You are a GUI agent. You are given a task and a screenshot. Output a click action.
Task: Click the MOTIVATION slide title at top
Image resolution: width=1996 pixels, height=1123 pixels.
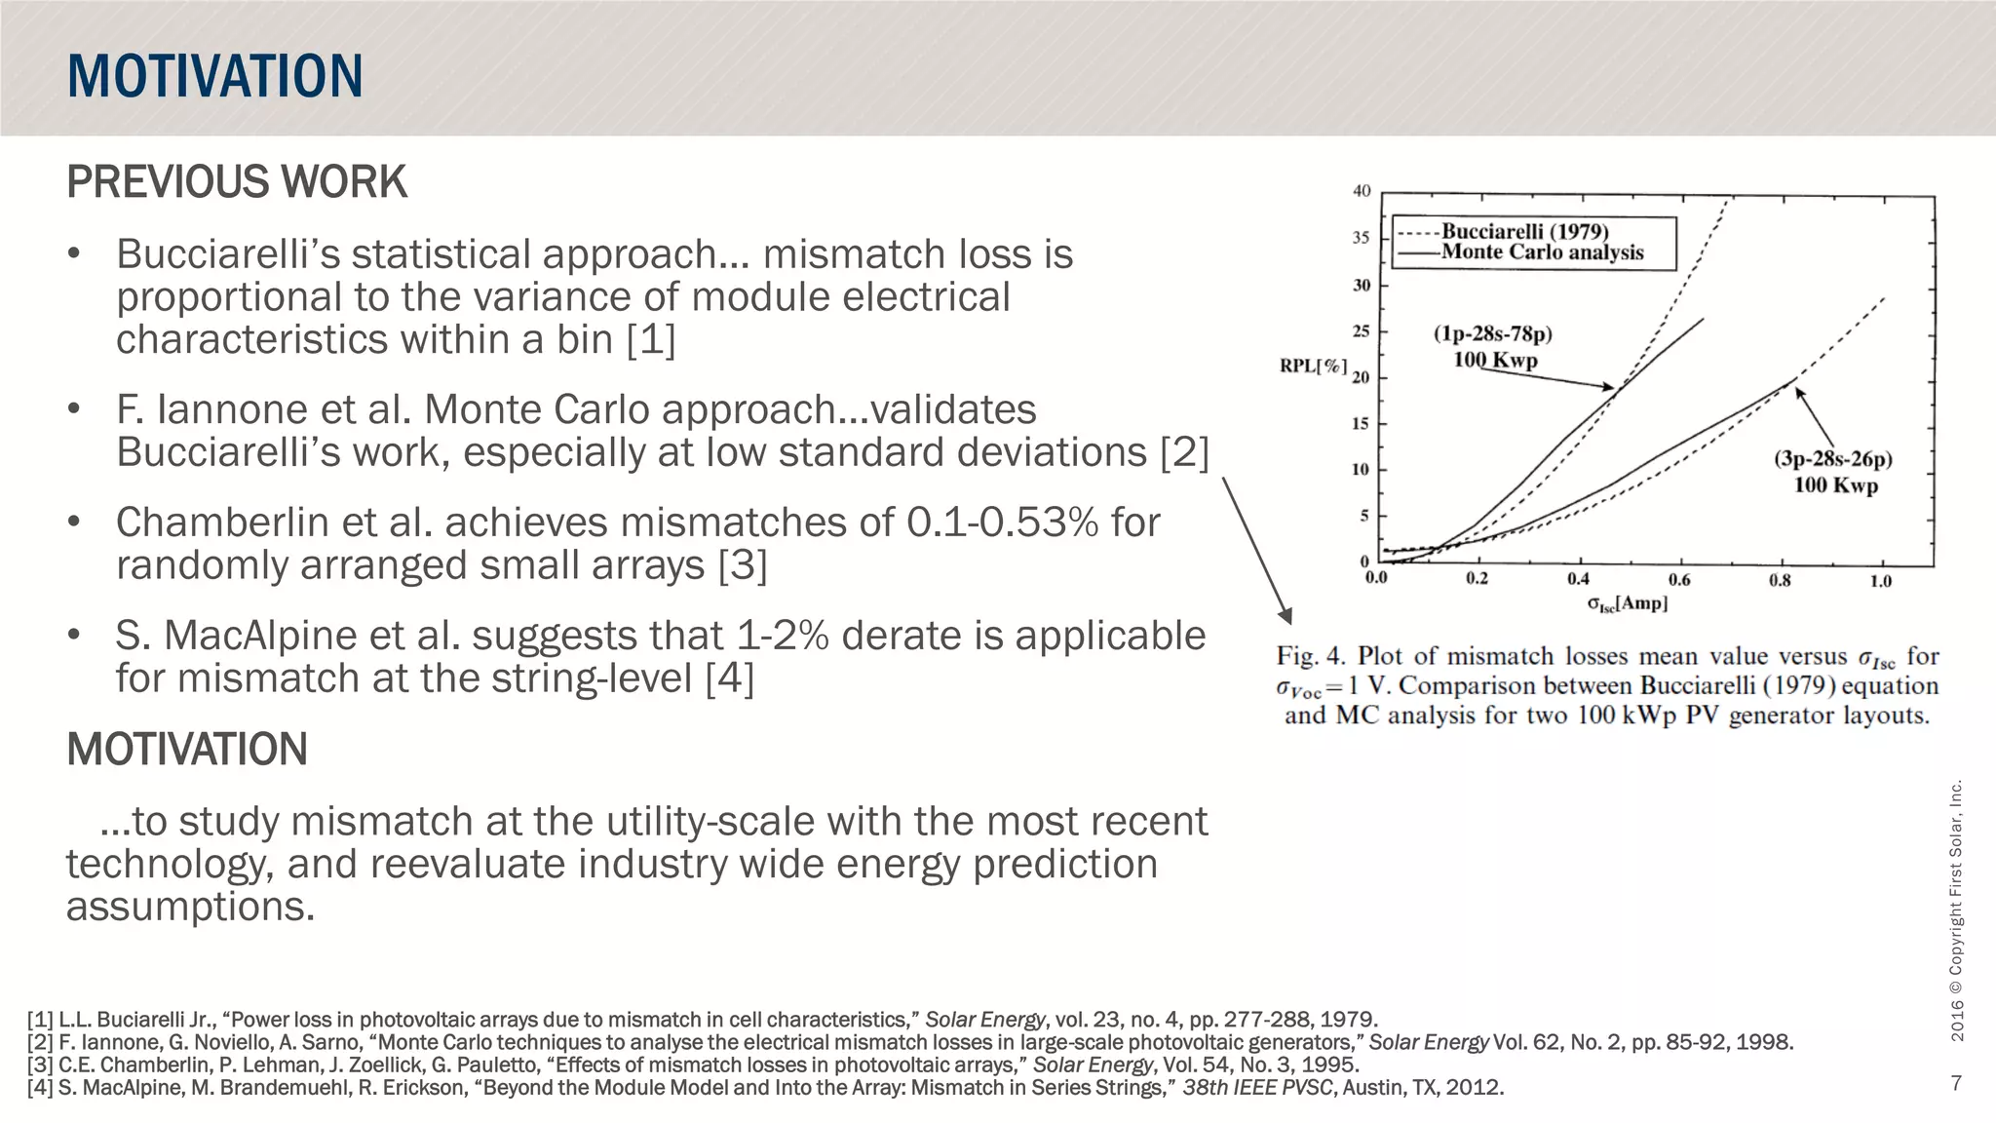pos(214,76)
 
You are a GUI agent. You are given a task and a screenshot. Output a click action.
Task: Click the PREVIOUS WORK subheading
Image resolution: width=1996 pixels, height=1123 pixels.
pos(236,182)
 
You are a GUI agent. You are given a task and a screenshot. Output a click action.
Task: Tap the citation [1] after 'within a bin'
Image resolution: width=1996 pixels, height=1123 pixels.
pos(650,340)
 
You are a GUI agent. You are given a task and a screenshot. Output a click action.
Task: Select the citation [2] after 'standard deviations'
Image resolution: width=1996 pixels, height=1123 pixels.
pos(1183,453)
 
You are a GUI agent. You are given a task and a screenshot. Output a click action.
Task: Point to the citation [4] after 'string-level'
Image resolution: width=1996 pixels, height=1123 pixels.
pos(729,678)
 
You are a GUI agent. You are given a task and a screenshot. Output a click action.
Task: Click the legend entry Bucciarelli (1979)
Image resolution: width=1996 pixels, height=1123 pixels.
pos(1524,232)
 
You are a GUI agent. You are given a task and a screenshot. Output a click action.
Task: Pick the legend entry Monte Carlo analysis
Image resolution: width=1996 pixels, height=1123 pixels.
pos(1542,252)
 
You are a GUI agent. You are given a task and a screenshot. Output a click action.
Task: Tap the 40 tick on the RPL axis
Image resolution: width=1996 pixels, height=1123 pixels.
pos(1362,191)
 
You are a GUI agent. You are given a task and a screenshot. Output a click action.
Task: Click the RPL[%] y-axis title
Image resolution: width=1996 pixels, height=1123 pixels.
pos(1312,367)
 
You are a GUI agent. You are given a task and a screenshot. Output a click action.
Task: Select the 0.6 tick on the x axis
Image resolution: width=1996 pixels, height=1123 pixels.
pos(1679,580)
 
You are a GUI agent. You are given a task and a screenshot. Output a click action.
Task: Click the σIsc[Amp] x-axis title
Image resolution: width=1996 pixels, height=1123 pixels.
pos(1627,604)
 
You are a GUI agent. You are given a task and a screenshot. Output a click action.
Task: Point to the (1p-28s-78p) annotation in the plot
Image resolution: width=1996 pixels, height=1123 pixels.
pos(1492,334)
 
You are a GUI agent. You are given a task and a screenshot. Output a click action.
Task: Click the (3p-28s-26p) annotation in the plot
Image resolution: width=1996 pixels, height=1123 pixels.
pos(1832,459)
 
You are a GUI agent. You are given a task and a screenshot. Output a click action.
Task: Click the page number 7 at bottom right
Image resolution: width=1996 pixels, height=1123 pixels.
pos(1956,1083)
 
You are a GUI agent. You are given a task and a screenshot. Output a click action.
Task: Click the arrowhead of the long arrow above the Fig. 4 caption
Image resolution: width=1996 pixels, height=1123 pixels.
pos(1286,616)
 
